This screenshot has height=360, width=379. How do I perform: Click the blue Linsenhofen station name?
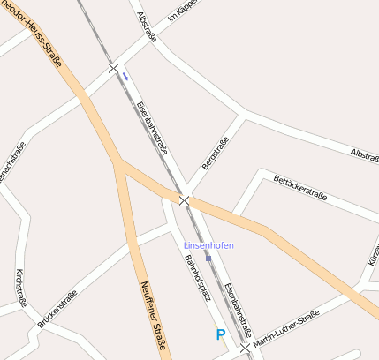coord(208,244)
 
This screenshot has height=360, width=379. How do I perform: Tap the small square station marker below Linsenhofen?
coord(208,258)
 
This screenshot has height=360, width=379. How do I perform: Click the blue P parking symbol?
coord(221,334)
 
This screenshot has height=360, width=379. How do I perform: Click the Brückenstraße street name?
coord(57,310)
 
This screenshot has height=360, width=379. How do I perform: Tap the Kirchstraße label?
coord(19,289)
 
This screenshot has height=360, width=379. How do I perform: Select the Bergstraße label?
coord(216,153)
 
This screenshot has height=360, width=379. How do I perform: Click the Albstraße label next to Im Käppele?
coord(148,27)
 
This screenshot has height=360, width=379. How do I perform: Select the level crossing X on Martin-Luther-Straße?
coord(245,348)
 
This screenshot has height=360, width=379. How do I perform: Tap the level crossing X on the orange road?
coord(185,201)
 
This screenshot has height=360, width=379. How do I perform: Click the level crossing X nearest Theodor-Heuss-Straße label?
coord(113,67)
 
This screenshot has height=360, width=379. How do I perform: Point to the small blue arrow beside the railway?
coord(125,76)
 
